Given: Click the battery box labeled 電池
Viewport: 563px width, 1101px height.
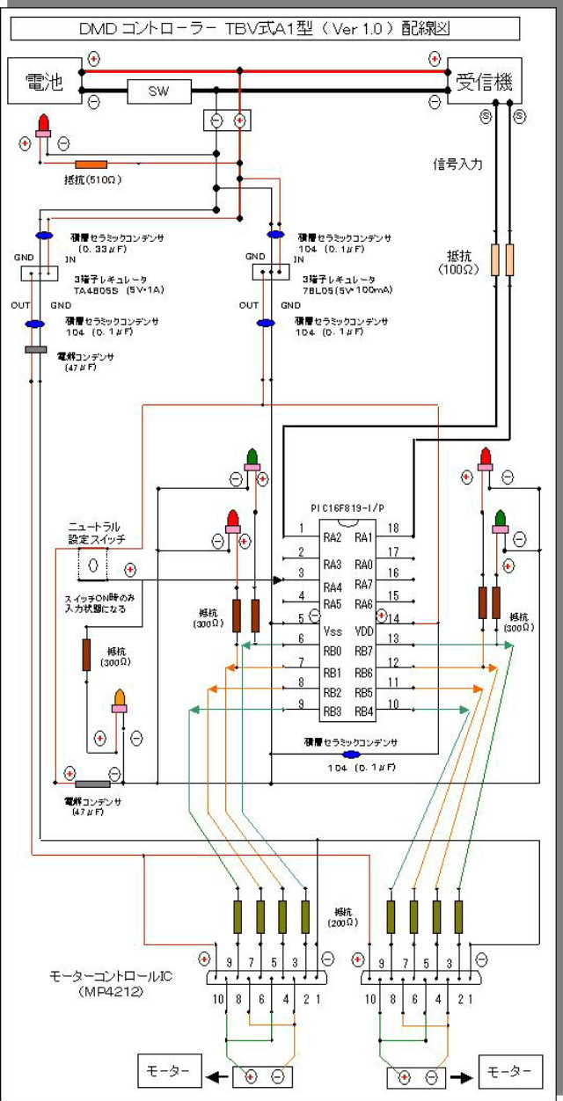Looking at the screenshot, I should (44, 83).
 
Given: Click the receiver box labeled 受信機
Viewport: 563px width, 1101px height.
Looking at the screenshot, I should (484, 82).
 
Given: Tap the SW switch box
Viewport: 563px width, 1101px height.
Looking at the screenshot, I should (159, 91).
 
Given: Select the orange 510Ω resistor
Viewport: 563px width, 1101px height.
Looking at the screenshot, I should (91, 164).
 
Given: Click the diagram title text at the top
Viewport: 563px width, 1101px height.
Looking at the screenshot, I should (264, 29).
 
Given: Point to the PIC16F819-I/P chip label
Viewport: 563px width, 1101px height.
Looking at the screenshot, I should (347, 508).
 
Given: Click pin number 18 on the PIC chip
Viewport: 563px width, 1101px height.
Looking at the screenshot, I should (393, 529).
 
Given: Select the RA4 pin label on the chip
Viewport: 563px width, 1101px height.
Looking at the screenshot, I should (332, 586).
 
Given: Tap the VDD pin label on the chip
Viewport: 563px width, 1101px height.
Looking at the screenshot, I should (365, 631).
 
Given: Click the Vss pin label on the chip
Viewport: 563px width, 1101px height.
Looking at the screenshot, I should (333, 631).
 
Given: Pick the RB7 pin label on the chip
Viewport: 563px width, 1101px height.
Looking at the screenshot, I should (364, 651).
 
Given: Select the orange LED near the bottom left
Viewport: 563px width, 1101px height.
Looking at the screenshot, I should (120, 701).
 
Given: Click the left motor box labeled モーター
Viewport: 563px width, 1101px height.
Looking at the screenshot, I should (167, 1071).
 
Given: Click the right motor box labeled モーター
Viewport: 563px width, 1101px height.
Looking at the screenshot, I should (508, 1071).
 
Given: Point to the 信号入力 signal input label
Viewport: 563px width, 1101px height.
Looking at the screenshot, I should (457, 164).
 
